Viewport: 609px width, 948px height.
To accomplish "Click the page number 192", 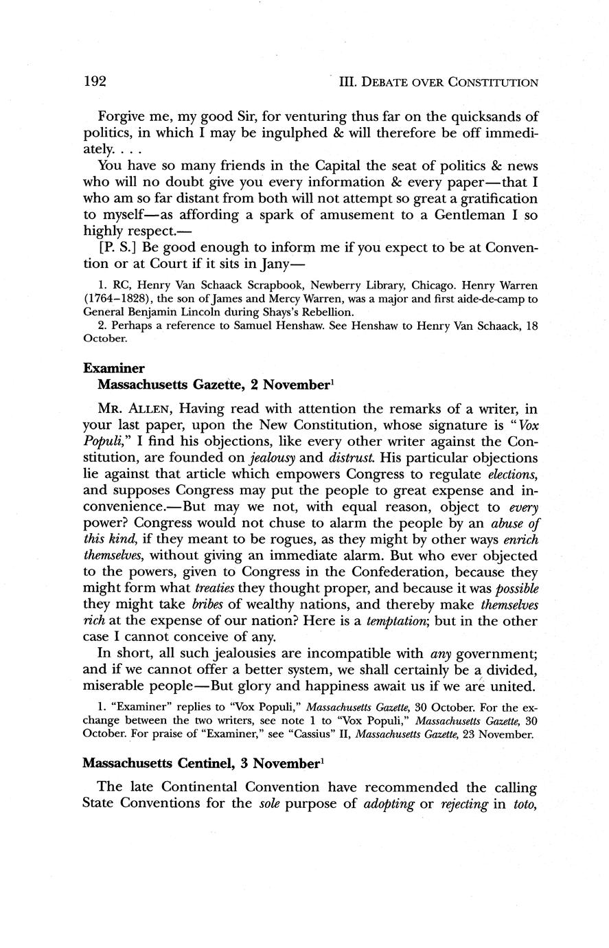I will coord(95,82).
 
